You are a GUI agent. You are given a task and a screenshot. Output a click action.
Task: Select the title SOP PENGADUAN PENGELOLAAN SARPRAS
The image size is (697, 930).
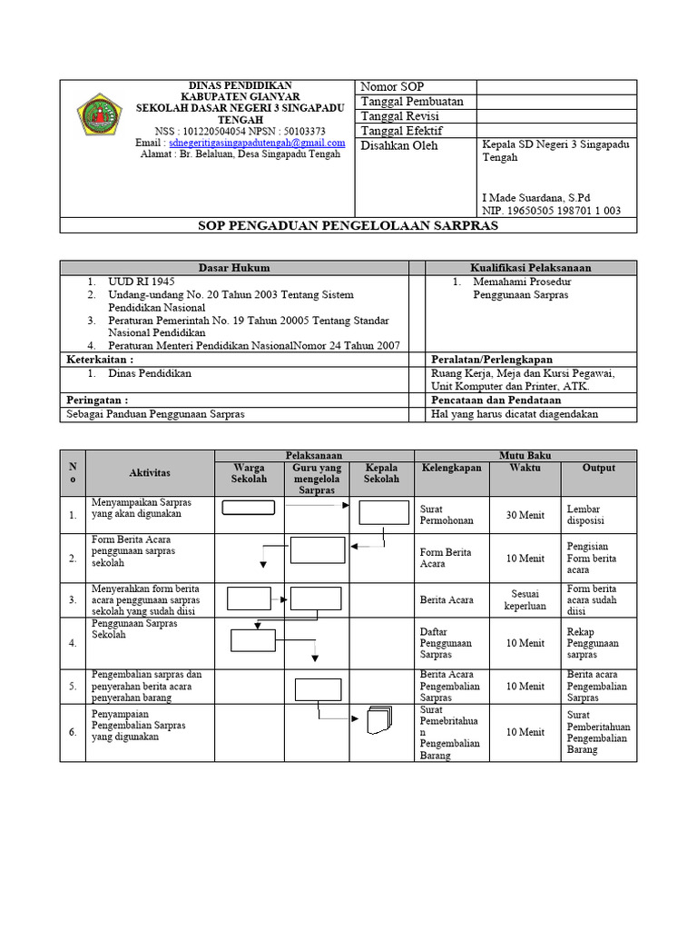[348, 225]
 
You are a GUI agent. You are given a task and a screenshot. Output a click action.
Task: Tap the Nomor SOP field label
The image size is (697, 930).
[392, 87]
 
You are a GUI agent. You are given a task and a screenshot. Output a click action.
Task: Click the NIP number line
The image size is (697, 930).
[551, 211]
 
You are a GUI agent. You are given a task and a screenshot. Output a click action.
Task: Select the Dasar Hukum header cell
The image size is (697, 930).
[234, 268]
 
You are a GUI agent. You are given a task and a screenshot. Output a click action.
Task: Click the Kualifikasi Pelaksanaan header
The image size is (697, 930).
[530, 268]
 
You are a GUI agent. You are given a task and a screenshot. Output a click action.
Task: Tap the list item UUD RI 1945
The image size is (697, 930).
[141, 282]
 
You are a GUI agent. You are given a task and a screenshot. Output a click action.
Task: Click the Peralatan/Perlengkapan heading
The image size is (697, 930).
[492, 360]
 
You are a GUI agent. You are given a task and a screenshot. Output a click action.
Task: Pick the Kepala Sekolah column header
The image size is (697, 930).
[381, 473]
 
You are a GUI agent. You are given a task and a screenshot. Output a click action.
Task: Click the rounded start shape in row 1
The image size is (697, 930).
[248, 508]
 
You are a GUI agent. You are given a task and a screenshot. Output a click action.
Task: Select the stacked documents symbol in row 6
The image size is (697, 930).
[378, 720]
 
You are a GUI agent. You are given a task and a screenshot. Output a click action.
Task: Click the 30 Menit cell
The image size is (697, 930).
[525, 515]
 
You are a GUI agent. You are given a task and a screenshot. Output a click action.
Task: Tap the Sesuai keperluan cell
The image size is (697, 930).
[525, 599]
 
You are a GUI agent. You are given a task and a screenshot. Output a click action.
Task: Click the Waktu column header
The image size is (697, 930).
[525, 468]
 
